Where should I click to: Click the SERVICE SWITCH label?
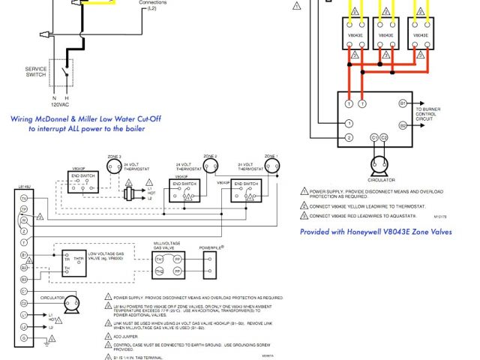(36, 72)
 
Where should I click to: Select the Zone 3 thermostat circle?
(114, 167)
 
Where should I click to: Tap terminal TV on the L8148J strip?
(24, 197)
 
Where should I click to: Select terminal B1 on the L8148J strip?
(24, 256)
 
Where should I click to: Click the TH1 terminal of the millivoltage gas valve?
(159, 271)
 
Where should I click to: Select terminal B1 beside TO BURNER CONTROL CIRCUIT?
(403, 102)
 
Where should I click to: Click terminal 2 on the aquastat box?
(349, 138)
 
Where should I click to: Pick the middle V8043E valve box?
(385, 35)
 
